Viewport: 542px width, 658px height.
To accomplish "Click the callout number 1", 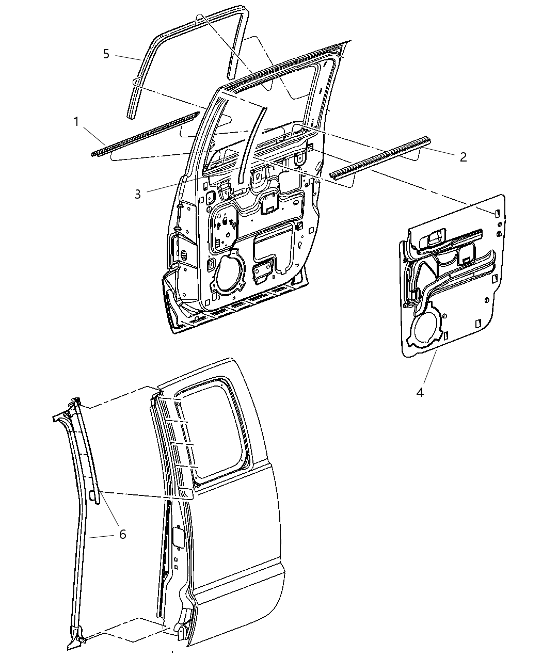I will tap(76, 122).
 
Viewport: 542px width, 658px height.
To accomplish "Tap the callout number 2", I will tap(463, 157).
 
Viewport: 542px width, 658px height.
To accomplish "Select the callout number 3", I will tap(138, 194).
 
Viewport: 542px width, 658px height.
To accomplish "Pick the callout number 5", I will tap(106, 54).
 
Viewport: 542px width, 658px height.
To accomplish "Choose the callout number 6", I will tap(122, 534).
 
